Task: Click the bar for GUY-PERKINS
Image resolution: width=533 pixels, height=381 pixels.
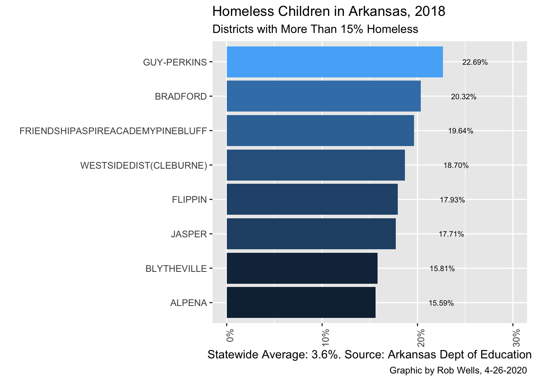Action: (334, 62)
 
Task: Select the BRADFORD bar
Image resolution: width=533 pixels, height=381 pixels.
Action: (323, 96)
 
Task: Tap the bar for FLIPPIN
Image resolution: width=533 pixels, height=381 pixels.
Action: (312, 199)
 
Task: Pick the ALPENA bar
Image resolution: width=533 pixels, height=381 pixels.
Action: (301, 302)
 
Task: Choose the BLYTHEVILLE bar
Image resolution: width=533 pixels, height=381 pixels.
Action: (301, 268)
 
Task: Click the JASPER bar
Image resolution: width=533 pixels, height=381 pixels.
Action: (311, 234)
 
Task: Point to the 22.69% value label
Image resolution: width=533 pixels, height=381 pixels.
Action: (475, 62)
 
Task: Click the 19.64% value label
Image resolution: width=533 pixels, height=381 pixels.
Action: (460, 131)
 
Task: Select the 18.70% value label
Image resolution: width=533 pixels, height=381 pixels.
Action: (456, 165)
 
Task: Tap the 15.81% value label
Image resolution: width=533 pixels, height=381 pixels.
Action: (442, 269)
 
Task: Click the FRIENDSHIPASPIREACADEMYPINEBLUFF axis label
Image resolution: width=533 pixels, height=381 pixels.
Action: (113, 131)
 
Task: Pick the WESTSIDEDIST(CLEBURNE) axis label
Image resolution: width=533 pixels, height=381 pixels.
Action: (144, 165)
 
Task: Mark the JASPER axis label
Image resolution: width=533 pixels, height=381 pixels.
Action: (189, 234)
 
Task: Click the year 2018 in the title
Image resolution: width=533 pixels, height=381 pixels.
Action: (430, 12)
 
